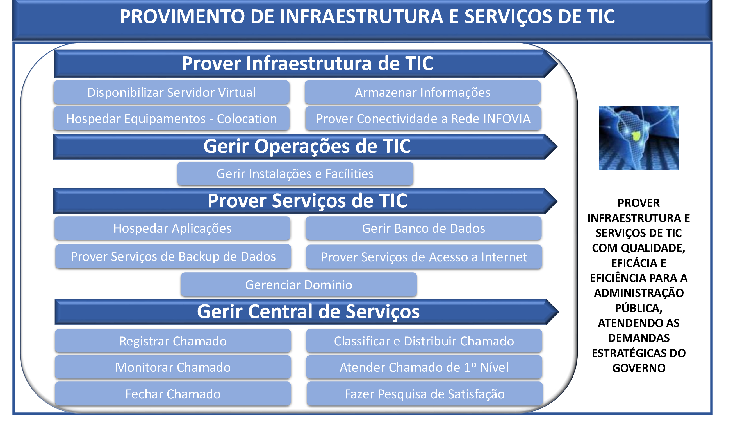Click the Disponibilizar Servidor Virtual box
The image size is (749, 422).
(172, 93)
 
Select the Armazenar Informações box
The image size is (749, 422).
(422, 93)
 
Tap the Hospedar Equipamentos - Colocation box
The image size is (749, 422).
(172, 118)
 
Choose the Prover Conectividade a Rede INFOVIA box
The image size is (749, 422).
(423, 118)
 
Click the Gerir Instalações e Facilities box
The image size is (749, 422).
(295, 174)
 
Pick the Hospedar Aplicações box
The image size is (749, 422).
(172, 228)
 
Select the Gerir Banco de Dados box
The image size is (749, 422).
(423, 228)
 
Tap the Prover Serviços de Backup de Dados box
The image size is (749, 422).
(173, 257)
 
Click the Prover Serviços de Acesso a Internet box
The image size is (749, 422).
(424, 257)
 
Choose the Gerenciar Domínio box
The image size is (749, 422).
(299, 285)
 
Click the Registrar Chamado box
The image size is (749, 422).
(173, 341)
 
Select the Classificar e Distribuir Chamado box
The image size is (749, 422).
(424, 341)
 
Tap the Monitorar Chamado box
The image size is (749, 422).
(173, 367)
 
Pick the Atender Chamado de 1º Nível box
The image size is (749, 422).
(424, 367)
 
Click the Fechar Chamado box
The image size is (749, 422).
(173, 394)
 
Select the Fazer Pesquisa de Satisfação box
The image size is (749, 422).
(425, 394)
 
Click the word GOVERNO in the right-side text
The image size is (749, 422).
(639, 368)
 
